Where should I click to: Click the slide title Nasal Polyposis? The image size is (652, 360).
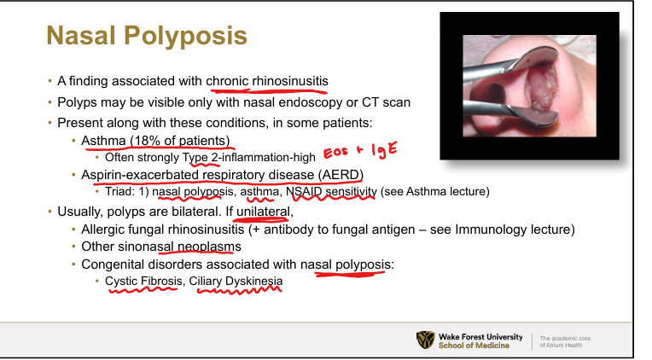[147, 35]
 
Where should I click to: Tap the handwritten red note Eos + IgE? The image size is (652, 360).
[360, 150]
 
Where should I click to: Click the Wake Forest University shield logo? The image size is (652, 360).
[425, 340]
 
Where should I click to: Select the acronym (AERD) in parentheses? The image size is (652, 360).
[341, 175]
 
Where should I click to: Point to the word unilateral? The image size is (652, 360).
[263, 212]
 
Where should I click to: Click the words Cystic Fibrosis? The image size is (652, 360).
[143, 281]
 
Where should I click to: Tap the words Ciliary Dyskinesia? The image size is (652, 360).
[236, 281]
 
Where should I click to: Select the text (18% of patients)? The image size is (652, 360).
[180, 141]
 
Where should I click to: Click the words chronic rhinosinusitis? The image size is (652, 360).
[267, 81]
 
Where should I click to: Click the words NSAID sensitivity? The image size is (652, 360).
[331, 191]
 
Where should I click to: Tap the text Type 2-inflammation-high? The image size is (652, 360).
[248, 158]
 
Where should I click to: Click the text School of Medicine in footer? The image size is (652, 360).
[474, 345]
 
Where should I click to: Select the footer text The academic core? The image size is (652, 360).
[565, 339]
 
